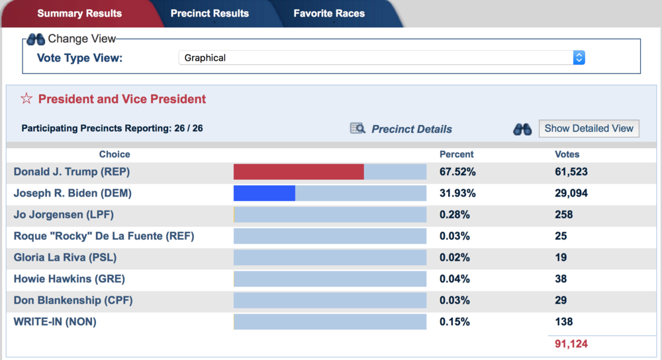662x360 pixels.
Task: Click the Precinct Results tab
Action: tap(209, 13)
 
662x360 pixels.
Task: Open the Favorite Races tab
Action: tap(329, 13)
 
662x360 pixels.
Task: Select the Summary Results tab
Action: tap(79, 13)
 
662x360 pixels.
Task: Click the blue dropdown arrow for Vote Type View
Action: tap(579, 58)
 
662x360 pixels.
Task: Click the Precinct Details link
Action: tap(411, 129)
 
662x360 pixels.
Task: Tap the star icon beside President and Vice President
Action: tap(26, 99)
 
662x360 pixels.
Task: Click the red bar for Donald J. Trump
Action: tap(299, 172)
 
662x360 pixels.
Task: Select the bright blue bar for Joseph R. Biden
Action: tap(264, 193)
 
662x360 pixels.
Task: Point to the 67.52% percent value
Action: tap(457, 172)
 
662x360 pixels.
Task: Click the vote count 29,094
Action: tap(571, 193)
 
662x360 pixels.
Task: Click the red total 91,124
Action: tap(571, 344)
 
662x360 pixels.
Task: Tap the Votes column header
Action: tap(567, 154)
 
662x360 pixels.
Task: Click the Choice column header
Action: tap(115, 154)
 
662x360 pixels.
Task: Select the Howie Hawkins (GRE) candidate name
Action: tap(70, 279)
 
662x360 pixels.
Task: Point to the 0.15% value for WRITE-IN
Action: tap(455, 322)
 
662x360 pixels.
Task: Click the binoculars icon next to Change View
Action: tap(36, 39)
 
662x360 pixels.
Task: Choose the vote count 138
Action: tap(563, 322)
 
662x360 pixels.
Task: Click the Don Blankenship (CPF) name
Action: tap(73, 300)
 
